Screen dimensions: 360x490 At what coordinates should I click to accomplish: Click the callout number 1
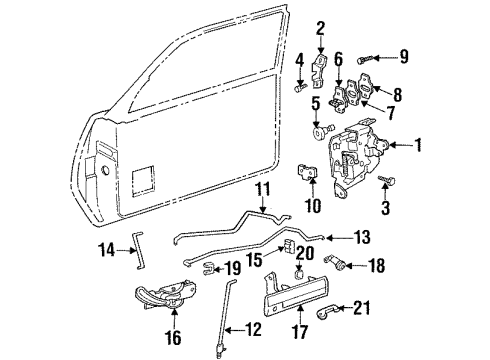418,147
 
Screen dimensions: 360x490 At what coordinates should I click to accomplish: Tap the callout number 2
320,27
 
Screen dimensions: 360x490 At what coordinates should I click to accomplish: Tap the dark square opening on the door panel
143,178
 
